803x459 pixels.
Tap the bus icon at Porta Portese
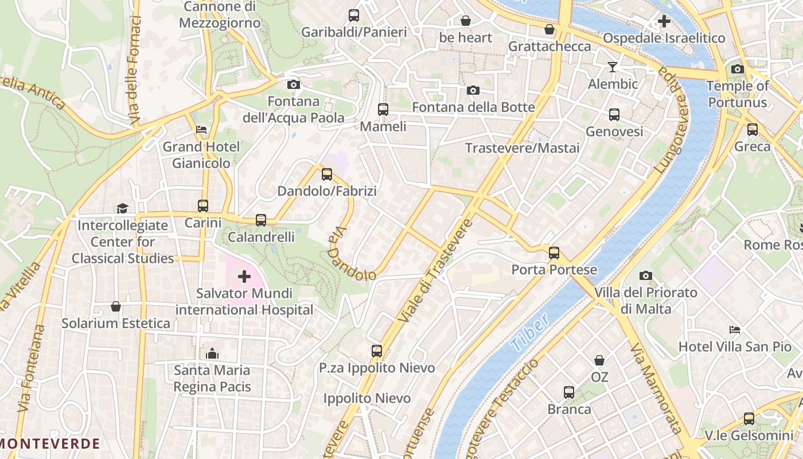pyautogui.click(x=554, y=253)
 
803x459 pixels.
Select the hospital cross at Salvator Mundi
pyautogui.click(x=244, y=277)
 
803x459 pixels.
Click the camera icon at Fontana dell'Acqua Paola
pyautogui.click(x=293, y=85)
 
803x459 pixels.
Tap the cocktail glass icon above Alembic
pyautogui.click(x=613, y=67)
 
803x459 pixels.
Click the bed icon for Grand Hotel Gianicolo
pyautogui.click(x=201, y=130)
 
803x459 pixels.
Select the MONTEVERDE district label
pyautogui.click(x=50, y=444)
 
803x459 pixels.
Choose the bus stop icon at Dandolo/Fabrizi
pyautogui.click(x=327, y=174)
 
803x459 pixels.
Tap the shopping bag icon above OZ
pyautogui.click(x=599, y=360)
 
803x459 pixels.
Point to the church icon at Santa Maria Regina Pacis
pyautogui.click(x=212, y=353)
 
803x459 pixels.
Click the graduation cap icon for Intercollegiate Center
pyautogui.click(x=123, y=208)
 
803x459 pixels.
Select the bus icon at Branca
pyautogui.click(x=569, y=392)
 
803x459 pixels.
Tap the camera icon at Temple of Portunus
pyautogui.click(x=738, y=69)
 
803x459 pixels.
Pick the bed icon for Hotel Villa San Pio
pyautogui.click(x=735, y=330)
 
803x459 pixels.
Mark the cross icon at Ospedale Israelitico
pyautogui.click(x=664, y=22)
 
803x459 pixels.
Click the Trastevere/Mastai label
pyautogui.click(x=522, y=148)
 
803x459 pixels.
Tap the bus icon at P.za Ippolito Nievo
pyautogui.click(x=377, y=351)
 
